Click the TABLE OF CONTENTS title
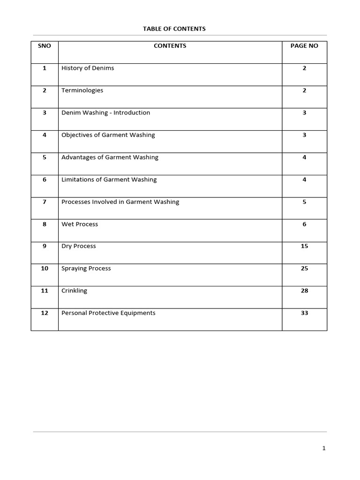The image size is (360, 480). point(174,29)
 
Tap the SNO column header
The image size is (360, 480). point(45,46)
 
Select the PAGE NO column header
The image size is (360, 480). point(304,46)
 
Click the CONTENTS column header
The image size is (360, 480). point(170,46)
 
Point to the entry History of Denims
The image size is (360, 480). point(88,68)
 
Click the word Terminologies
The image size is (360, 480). point(82,90)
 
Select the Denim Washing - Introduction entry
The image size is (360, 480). point(105,113)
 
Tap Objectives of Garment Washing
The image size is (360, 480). point(108,135)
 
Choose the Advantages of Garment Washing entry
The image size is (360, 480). point(110,157)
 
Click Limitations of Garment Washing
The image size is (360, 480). point(109,180)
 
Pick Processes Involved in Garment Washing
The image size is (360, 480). point(120,202)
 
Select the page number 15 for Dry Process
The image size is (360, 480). point(304,246)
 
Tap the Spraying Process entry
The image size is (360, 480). point(86,269)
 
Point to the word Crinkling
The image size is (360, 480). point(74,291)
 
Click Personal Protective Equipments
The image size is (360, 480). point(108,313)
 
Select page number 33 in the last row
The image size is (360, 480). point(304,313)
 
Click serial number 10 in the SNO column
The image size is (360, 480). point(45,269)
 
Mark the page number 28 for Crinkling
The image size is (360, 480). point(304,291)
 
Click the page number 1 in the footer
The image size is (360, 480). point(323,449)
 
